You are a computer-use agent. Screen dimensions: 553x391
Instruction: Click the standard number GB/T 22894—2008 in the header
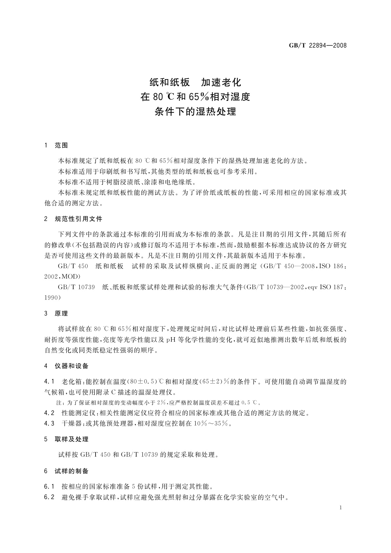point(317,46)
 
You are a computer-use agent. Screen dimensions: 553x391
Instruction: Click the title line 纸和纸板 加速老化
point(195,82)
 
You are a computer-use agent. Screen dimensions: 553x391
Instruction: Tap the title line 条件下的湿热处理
point(195,112)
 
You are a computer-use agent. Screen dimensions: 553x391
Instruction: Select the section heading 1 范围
point(56,145)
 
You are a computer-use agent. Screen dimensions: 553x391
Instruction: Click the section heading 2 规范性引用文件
point(73,219)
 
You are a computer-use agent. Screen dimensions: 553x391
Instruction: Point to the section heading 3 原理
point(56,314)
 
